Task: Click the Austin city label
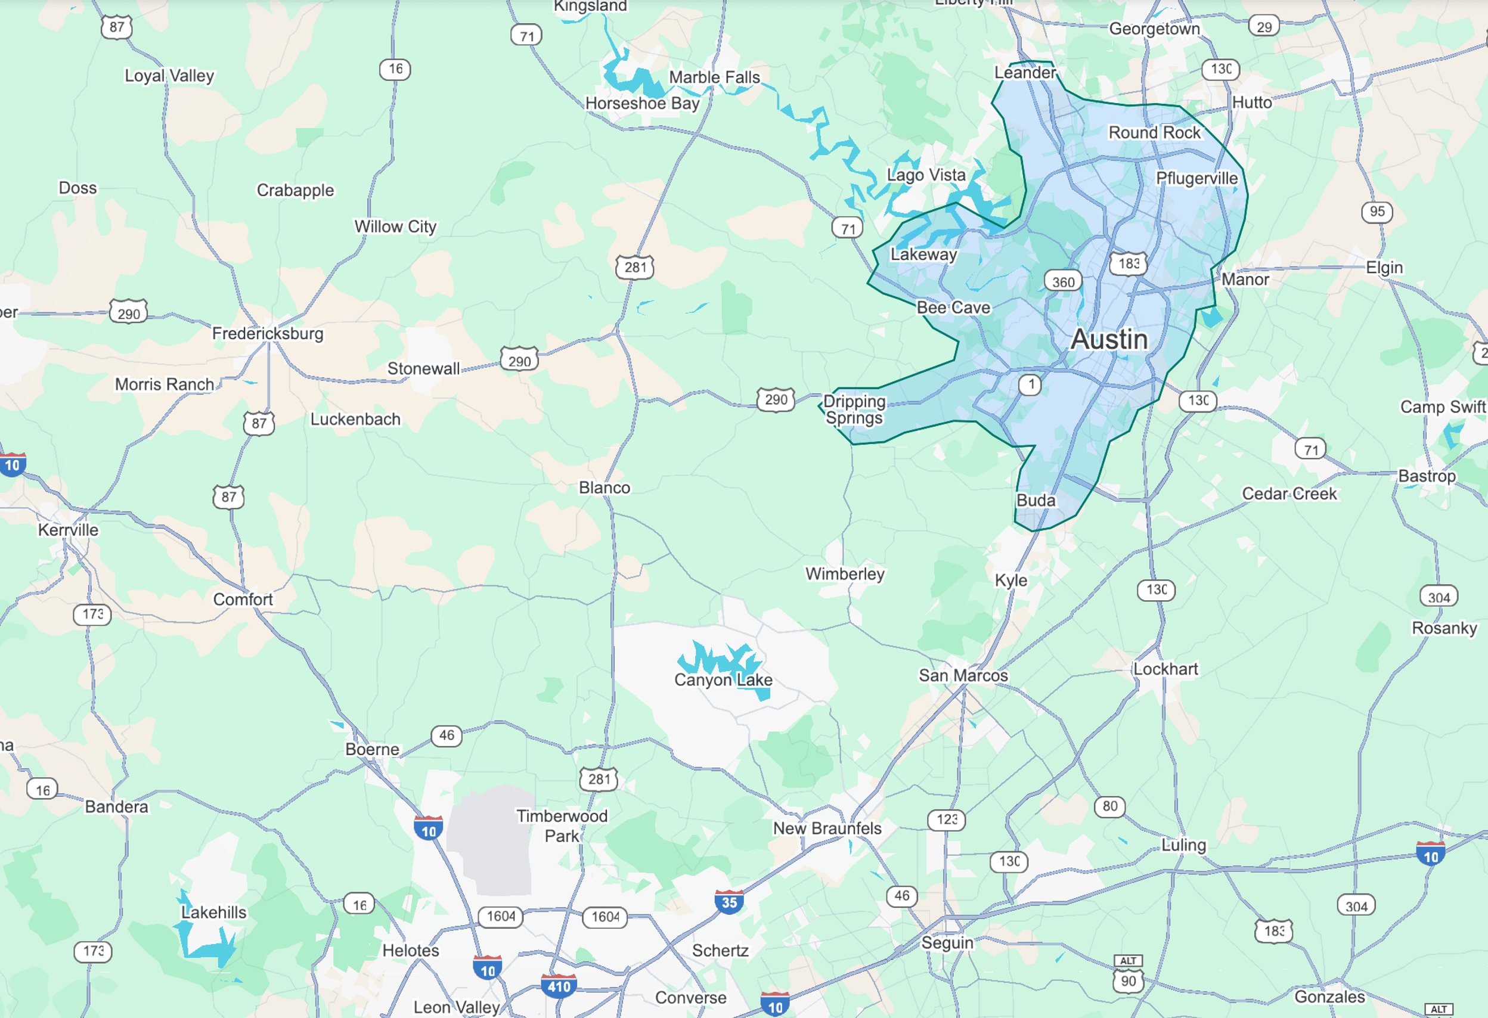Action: pos(1109,339)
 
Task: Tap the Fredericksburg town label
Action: pos(268,334)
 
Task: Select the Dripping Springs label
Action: pos(854,409)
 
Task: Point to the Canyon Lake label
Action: pos(723,680)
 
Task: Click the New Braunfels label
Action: pos(827,828)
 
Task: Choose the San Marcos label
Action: pos(963,675)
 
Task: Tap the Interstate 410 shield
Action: pos(559,986)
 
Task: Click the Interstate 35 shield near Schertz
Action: pos(728,902)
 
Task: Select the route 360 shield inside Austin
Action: pos(1063,282)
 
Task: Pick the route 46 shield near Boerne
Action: pos(447,735)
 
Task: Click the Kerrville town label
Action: pos(68,530)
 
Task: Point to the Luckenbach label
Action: pos(355,420)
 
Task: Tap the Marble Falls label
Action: pos(714,77)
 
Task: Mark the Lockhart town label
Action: pos(1165,669)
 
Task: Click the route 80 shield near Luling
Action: pos(1109,806)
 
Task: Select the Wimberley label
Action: pos(845,573)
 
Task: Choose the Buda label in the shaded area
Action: pos(1036,501)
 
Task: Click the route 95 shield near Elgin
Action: pos(1377,212)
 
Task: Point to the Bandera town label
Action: pos(116,807)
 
